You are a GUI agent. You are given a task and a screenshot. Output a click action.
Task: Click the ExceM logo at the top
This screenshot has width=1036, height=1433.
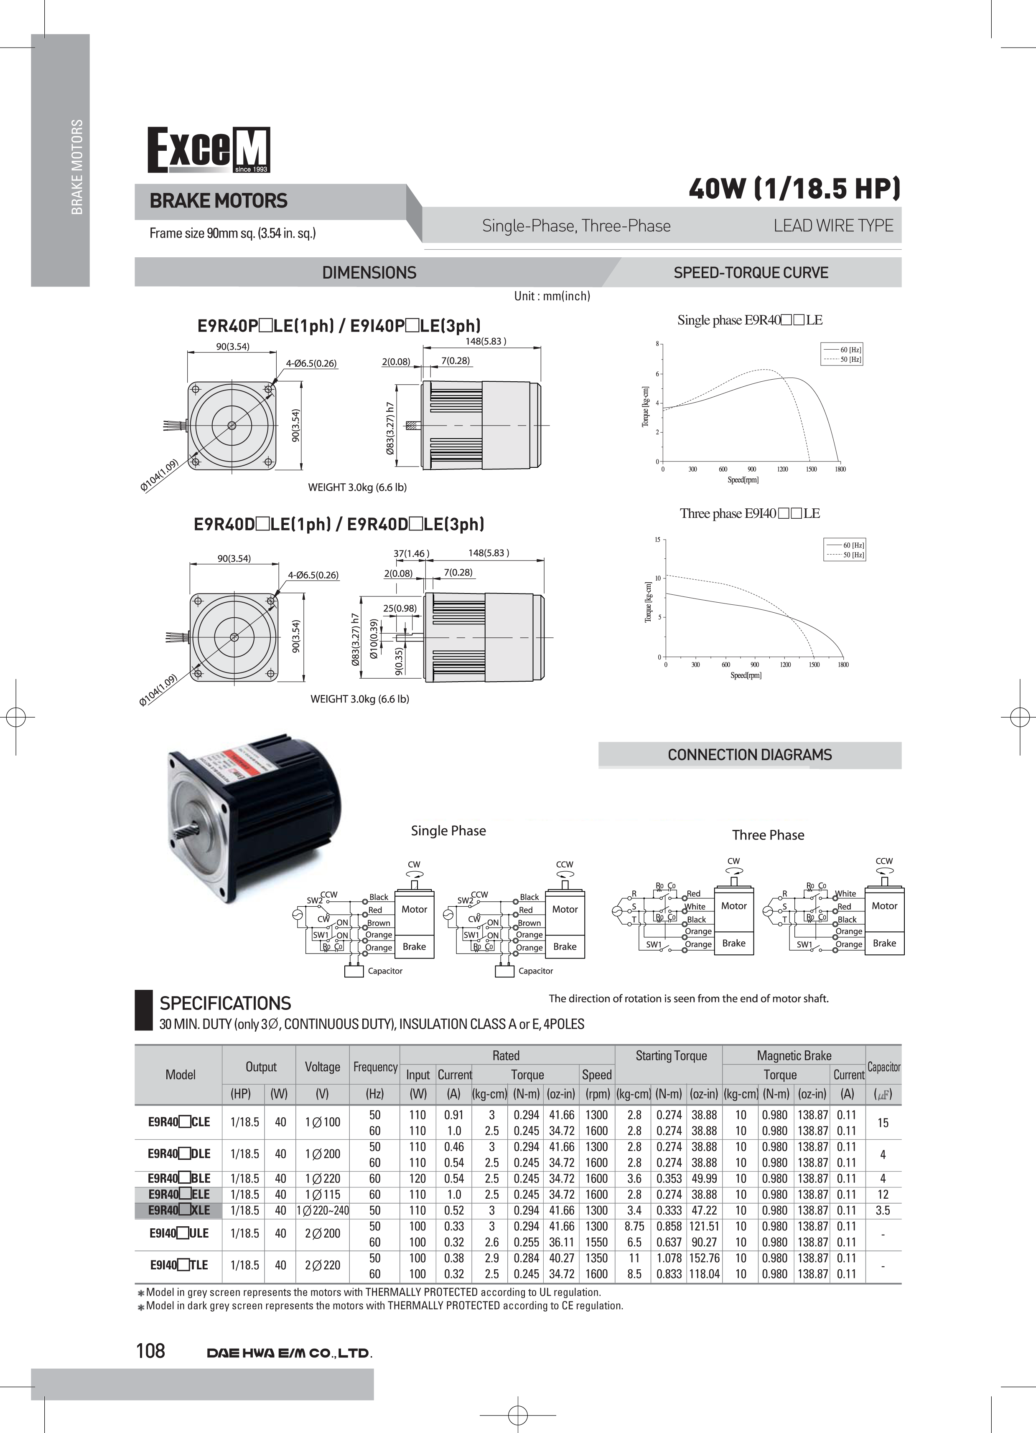tap(209, 150)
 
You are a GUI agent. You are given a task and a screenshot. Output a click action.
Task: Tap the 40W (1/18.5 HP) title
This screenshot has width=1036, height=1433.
tap(794, 188)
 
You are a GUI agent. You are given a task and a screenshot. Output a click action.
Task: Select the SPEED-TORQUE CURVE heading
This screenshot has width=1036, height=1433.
tap(750, 273)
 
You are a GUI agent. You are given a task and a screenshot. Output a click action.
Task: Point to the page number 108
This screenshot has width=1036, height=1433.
tap(150, 1350)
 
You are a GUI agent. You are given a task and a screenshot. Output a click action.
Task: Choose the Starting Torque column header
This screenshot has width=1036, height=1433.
tap(671, 1056)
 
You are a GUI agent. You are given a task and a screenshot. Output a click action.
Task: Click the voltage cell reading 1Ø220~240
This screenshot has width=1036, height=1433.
tap(322, 1210)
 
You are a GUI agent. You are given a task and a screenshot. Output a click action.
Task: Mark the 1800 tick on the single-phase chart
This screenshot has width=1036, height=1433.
tap(840, 469)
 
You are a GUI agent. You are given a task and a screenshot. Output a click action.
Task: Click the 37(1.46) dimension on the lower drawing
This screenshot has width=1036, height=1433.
tap(411, 553)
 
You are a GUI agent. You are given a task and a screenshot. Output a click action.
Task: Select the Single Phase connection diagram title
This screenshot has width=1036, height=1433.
tap(448, 831)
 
